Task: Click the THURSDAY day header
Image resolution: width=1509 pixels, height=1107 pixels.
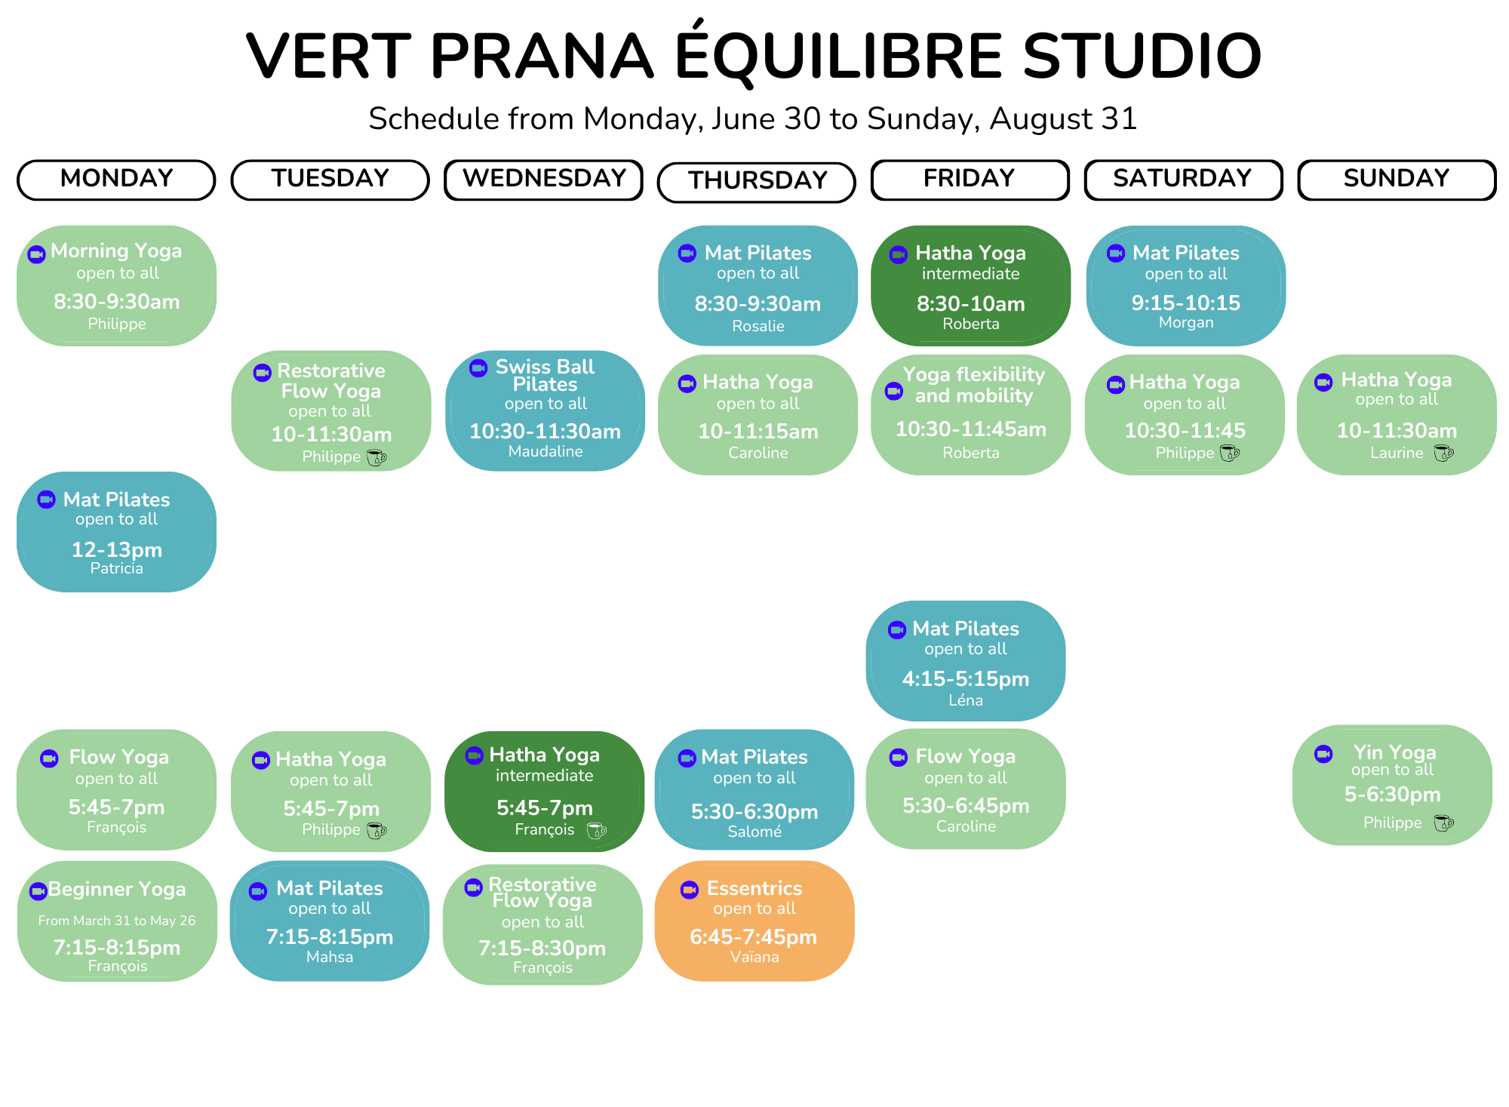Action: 757,182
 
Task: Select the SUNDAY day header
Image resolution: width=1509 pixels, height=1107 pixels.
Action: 1397,180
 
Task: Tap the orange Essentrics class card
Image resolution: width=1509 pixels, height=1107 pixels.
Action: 754,921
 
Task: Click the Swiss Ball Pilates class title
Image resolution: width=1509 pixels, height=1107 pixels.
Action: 545,375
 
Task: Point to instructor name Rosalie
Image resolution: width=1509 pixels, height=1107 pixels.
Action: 758,326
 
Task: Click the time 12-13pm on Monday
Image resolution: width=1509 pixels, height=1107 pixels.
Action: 117,549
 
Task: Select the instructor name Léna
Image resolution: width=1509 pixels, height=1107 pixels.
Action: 966,700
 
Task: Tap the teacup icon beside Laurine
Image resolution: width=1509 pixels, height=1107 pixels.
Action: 1443,453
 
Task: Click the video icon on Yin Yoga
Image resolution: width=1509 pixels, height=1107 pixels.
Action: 1323,754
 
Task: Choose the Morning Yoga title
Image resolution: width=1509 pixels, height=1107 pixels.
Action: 116,251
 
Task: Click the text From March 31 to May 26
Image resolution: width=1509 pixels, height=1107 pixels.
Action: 117,921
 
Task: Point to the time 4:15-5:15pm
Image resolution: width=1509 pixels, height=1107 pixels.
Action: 966,678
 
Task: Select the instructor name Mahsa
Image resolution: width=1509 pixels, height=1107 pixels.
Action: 330,957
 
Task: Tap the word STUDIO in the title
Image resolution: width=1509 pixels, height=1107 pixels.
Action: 1142,56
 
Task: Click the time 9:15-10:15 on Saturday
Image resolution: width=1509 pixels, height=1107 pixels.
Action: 1186,303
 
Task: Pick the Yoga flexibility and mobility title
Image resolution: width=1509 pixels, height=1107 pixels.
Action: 974,385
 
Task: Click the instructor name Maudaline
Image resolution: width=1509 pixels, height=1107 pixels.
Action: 546,451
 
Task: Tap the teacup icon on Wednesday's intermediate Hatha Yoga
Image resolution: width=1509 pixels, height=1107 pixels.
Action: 597,830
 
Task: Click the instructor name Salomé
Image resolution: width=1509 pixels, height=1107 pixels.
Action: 754,832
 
